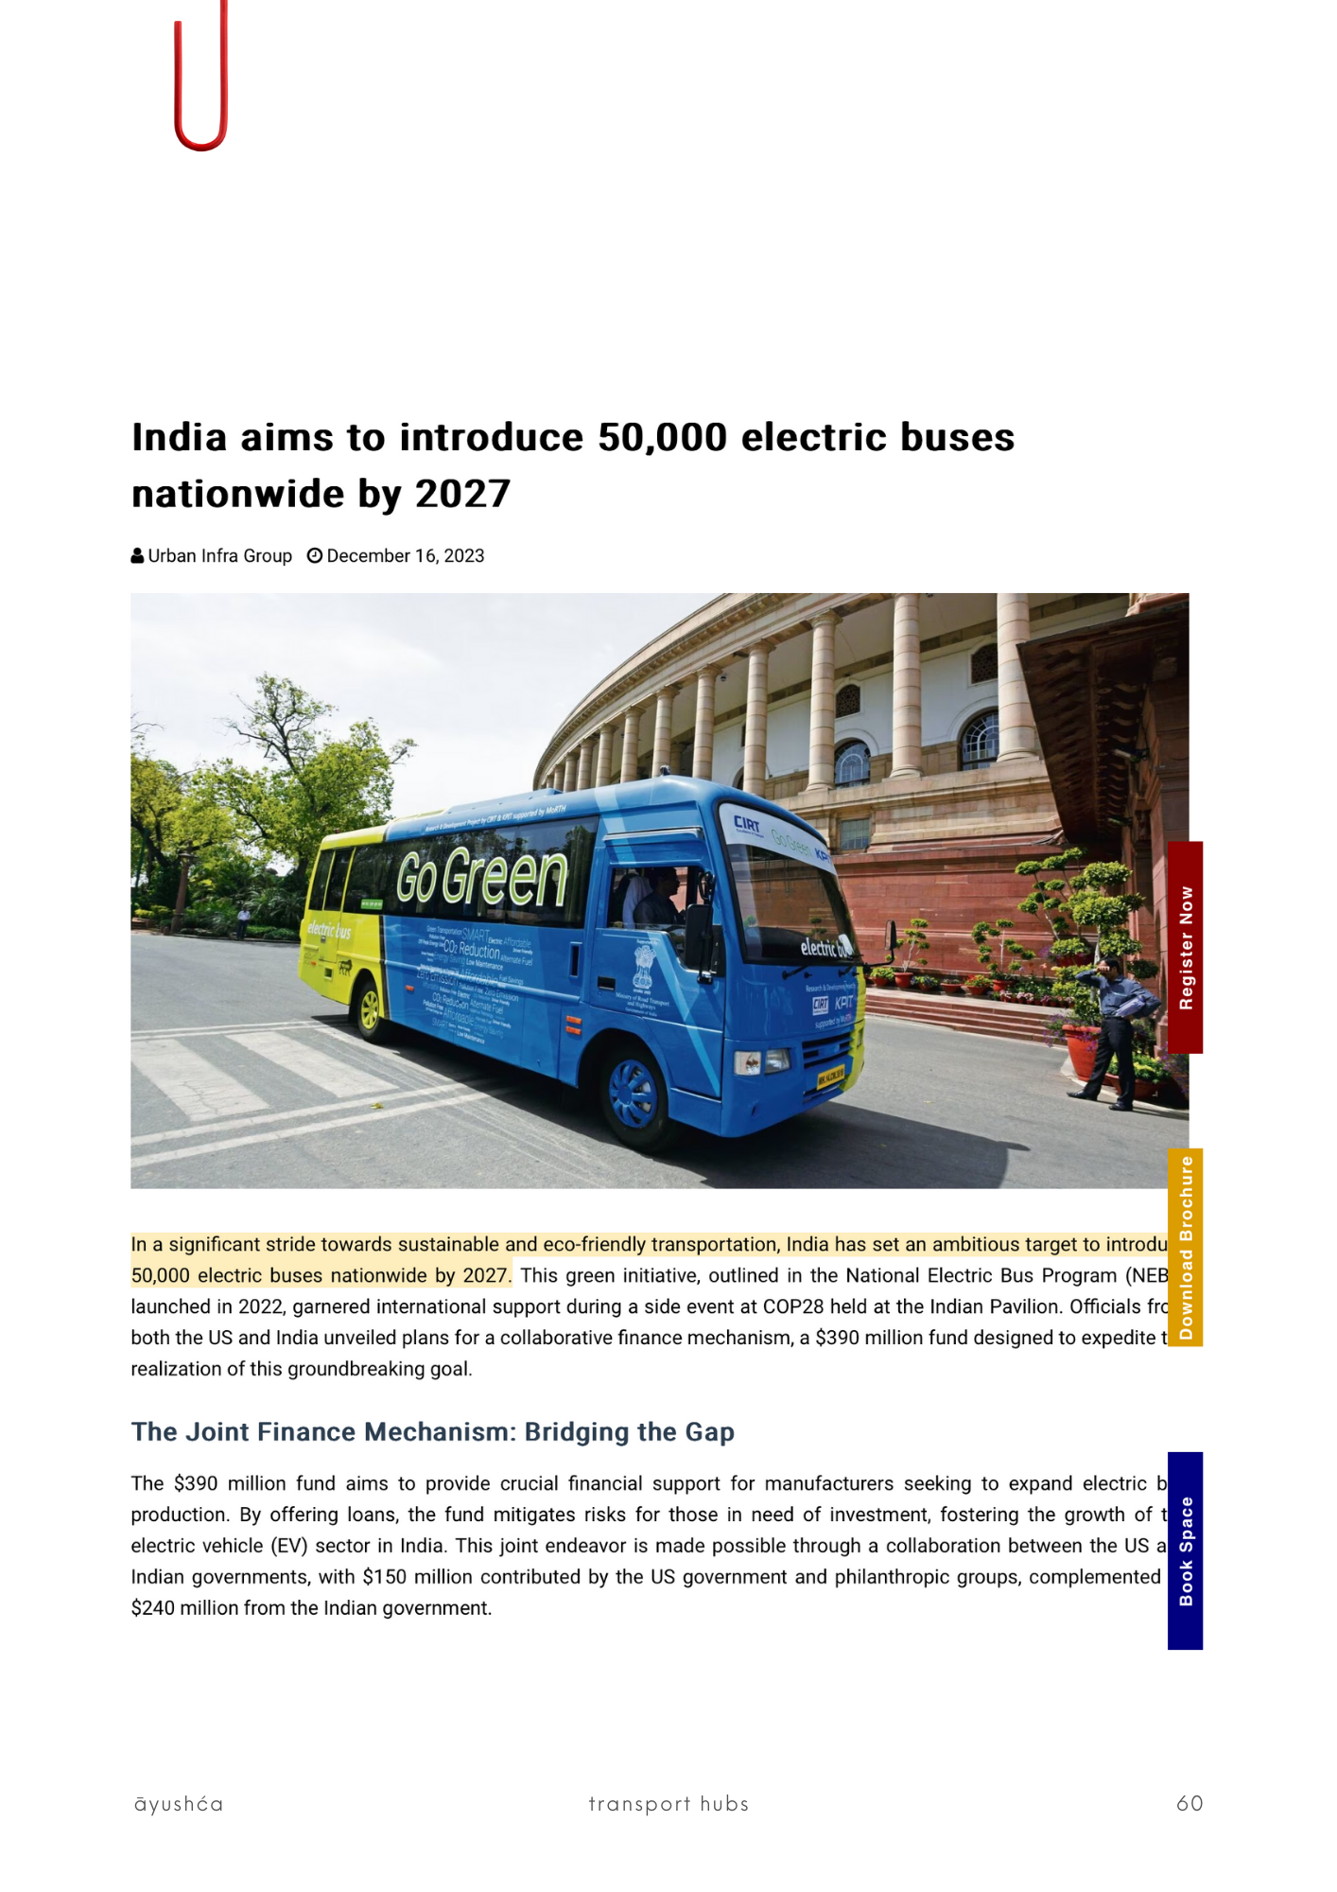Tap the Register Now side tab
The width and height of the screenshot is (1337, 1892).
(1185, 947)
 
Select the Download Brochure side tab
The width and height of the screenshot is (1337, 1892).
(1185, 1247)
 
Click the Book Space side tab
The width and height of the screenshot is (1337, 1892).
(1185, 1550)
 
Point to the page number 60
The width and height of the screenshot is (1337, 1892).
(1189, 1803)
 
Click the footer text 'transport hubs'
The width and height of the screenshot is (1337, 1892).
(668, 1803)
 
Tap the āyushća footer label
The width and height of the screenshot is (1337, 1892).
(179, 1804)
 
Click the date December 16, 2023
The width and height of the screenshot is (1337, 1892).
(405, 556)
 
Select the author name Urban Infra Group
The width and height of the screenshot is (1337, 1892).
(219, 556)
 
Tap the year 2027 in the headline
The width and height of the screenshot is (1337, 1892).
(462, 494)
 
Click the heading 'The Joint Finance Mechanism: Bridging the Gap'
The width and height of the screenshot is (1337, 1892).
(432, 1431)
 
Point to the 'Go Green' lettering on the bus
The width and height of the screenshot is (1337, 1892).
(481, 877)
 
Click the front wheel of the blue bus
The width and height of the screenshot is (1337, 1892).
(634, 1093)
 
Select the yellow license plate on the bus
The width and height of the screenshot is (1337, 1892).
(831, 1077)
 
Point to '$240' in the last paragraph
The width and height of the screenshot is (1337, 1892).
(152, 1608)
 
